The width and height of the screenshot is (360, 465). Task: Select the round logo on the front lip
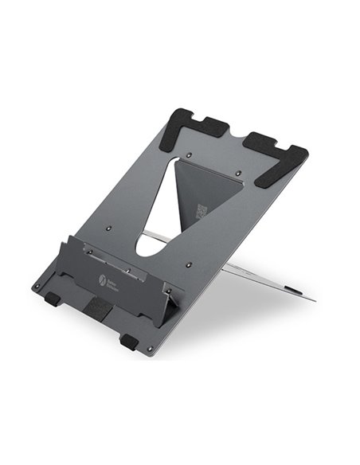[104, 279]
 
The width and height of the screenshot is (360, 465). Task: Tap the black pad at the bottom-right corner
[130, 342]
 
